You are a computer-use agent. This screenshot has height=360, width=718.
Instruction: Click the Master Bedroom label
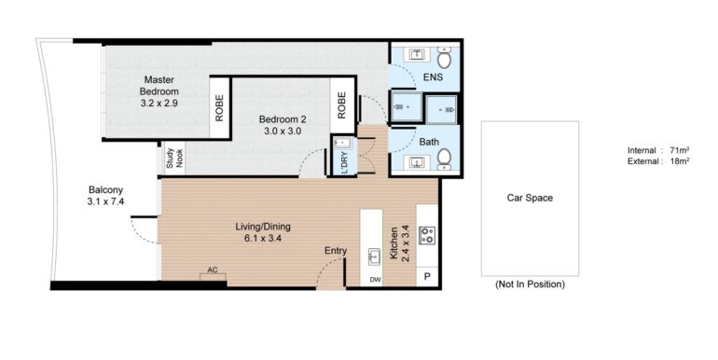coord(159,85)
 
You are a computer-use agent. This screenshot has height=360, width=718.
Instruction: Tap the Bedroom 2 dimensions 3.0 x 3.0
coord(282,131)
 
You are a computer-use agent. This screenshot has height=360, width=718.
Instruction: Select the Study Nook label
coord(174,158)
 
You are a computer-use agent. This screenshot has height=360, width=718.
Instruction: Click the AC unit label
coord(212,270)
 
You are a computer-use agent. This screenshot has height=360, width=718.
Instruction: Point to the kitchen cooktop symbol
coord(427,235)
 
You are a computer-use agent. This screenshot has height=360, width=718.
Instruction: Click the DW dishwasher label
coord(376,280)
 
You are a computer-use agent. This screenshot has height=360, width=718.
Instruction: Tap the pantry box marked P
coord(427,277)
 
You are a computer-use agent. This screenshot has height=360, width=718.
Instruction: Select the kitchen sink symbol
coord(375,257)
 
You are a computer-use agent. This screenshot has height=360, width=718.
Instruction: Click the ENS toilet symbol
coord(444,58)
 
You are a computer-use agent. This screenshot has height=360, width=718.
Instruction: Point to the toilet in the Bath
coord(444,159)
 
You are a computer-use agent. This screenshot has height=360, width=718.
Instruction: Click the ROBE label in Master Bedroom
coord(219,107)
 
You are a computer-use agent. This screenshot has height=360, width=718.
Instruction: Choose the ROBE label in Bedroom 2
coord(341,105)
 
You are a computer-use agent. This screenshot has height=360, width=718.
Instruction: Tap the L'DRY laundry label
coord(345,162)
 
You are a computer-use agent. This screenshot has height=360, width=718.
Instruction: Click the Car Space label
coord(530,198)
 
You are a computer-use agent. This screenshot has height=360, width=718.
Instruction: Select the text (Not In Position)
coord(530,284)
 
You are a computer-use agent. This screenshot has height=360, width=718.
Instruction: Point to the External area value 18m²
coord(680,160)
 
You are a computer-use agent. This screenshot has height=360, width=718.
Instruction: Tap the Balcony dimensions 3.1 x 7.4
coord(105,201)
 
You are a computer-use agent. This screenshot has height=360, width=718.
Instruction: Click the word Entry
coord(336,251)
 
